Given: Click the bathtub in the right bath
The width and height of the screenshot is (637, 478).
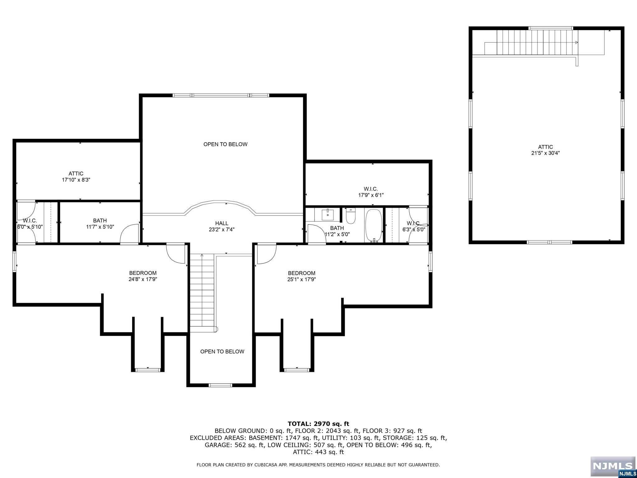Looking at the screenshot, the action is coord(374,225).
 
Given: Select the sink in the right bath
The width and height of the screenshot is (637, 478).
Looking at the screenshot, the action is coord(328,214).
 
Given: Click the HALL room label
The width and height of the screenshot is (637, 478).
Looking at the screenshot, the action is coord(222,223).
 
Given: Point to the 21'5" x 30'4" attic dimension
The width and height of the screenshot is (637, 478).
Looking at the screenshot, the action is coord(546,153).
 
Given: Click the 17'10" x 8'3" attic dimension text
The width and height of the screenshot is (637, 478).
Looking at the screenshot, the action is coord(76,180).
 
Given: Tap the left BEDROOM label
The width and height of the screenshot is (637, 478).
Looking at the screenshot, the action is coord(143,273).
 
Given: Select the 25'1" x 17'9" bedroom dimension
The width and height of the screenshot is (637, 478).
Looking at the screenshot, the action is coord(301,279).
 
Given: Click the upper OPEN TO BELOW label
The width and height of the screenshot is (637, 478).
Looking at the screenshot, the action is coord(226,144).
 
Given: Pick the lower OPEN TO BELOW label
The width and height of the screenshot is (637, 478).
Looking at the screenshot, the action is coord(222,351).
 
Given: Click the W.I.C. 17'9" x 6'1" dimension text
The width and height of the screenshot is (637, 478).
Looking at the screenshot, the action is coord(371,195).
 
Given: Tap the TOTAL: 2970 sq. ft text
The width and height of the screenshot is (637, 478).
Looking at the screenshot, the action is coord(318,424).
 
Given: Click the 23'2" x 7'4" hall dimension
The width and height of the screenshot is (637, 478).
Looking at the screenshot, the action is coord(222,229).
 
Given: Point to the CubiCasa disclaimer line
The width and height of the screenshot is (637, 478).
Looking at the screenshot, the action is coord(318,465).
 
